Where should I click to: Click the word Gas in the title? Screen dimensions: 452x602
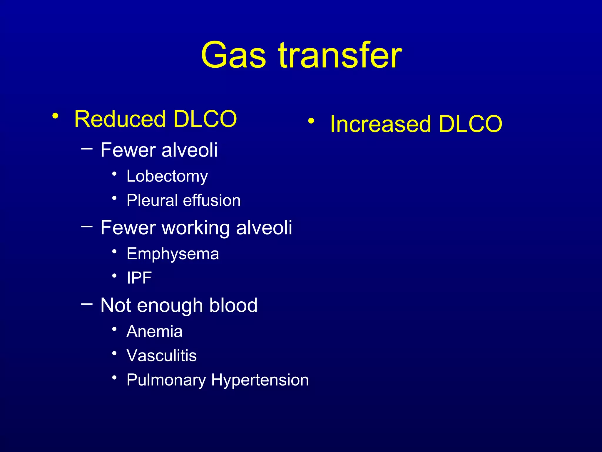[234, 55]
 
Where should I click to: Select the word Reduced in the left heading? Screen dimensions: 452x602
[120, 119]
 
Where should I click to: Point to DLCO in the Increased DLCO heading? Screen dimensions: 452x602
[470, 124]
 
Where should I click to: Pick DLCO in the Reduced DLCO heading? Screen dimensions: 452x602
[205, 119]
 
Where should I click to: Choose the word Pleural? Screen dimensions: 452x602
[152, 200]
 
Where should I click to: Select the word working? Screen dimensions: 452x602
[195, 228]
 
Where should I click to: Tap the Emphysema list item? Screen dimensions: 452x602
[173, 254]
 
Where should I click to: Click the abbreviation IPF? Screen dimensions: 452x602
[139, 278]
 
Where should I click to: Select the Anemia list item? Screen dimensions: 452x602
[154, 332]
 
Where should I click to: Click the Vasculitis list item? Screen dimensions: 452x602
[161, 356]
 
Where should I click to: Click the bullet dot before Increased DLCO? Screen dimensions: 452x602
[311, 121]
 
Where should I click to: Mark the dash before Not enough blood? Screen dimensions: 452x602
[87, 303]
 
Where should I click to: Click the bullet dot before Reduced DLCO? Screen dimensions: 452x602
[55, 116]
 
